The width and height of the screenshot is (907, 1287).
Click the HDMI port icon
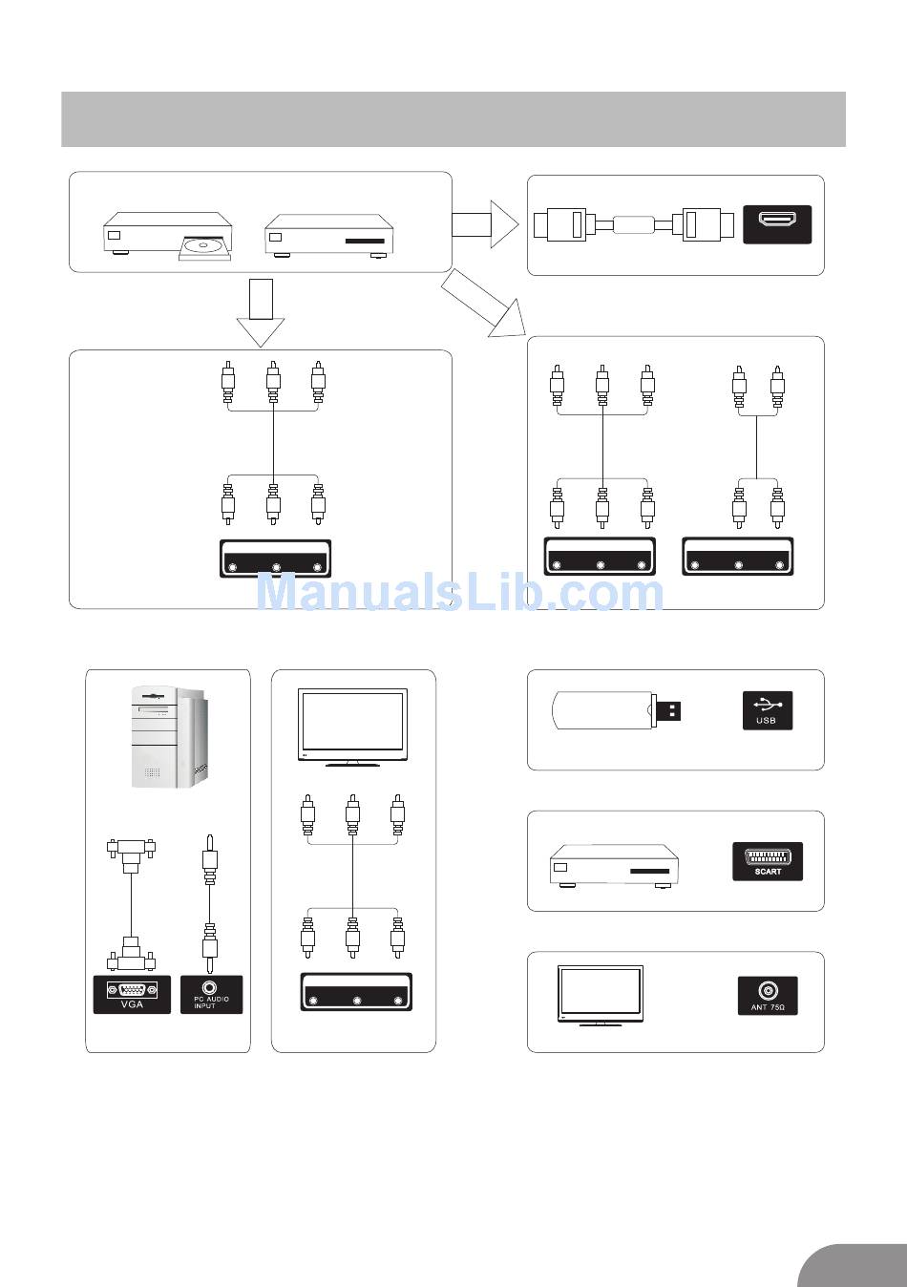click(776, 224)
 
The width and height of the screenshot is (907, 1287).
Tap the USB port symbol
click(767, 710)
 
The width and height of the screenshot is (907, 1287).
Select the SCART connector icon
click(767, 861)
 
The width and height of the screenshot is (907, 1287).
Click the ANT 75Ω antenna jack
click(767, 995)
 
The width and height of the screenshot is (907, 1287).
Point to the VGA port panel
click(132, 994)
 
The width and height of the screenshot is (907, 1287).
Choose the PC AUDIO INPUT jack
click(211, 994)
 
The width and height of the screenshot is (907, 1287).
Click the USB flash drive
click(616, 711)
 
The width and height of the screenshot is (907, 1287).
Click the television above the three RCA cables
click(353, 727)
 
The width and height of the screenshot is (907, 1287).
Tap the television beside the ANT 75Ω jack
click(600, 995)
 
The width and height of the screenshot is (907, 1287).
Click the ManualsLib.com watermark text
click(460, 593)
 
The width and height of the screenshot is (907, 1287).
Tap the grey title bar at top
click(453, 119)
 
